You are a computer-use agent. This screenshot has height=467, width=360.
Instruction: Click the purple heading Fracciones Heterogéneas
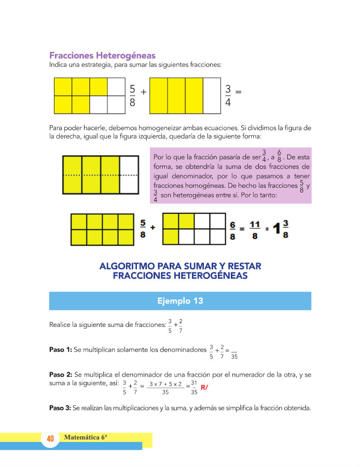[102, 56]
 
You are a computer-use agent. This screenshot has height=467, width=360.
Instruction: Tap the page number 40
[50, 438]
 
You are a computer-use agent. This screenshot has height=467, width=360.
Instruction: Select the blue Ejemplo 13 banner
[180, 301]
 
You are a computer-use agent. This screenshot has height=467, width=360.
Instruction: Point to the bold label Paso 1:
[60, 350]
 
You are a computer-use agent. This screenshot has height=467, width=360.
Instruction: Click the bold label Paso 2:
[60, 374]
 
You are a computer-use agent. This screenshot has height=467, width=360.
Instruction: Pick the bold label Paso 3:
[60, 408]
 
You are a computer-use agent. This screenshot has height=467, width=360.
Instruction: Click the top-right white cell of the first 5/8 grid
[117, 87]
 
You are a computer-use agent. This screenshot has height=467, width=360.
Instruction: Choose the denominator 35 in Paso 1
[234, 356]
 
